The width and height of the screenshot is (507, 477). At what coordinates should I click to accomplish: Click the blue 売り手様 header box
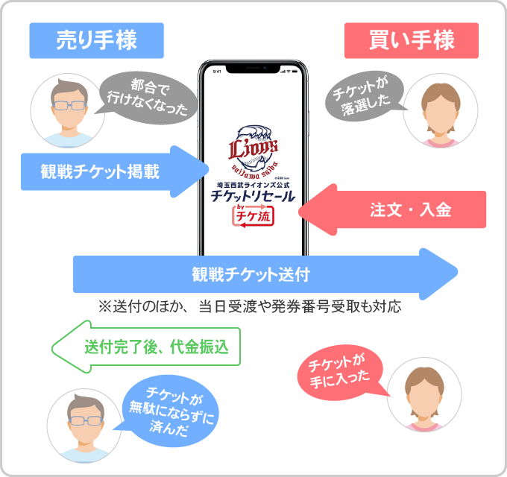[x=96, y=40]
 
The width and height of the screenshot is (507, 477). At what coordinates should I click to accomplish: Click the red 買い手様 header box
[x=412, y=40]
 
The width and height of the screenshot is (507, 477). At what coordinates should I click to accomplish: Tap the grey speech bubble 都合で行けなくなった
[x=147, y=98]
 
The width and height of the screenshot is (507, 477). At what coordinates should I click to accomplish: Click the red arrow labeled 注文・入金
[x=392, y=209]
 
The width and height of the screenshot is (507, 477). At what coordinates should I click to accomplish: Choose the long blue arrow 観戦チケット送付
[x=265, y=274]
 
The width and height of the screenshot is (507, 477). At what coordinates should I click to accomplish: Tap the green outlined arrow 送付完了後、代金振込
[x=146, y=347]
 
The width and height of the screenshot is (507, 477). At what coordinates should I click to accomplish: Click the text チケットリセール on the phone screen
[x=253, y=196]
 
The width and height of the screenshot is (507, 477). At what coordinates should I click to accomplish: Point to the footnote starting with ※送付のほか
[x=250, y=306]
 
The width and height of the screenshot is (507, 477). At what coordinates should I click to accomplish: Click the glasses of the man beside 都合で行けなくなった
[x=69, y=106]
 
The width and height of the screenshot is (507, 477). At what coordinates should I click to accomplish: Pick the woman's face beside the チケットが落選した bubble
[x=441, y=110]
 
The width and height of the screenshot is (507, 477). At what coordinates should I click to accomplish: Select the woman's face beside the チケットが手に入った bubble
[x=424, y=394]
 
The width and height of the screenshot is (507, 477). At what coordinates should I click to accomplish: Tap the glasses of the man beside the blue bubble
[x=86, y=421]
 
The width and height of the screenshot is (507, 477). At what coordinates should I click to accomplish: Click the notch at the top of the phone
[x=253, y=69]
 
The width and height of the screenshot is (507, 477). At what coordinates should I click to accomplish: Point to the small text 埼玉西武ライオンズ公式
[x=253, y=185]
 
